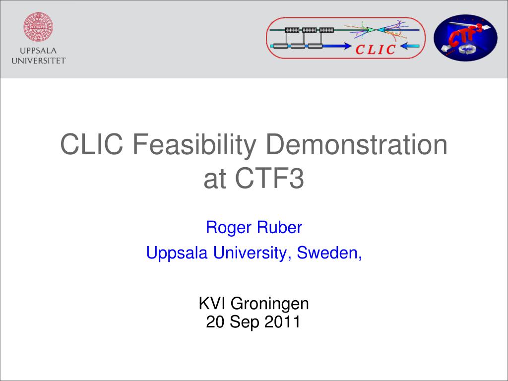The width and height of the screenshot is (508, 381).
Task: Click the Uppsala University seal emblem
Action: (x=38, y=27)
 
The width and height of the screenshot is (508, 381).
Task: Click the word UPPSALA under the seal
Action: (x=38, y=51)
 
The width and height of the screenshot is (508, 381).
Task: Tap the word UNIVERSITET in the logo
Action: (x=39, y=61)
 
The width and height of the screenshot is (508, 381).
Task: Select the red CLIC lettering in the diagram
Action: (x=376, y=50)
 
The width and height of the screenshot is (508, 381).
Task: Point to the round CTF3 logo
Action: (x=465, y=38)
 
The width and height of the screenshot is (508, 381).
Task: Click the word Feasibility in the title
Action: (x=194, y=145)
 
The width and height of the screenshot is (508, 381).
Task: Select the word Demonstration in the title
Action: (x=357, y=144)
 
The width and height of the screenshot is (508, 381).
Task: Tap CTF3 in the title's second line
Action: (x=269, y=179)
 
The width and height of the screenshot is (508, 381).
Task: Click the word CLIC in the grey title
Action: (x=92, y=144)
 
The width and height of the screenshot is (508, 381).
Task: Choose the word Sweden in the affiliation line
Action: (x=328, y=253)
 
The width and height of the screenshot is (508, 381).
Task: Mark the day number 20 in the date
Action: (x=215, y=321)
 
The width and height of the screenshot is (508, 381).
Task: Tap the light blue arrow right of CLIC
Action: (x=410, y=46)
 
